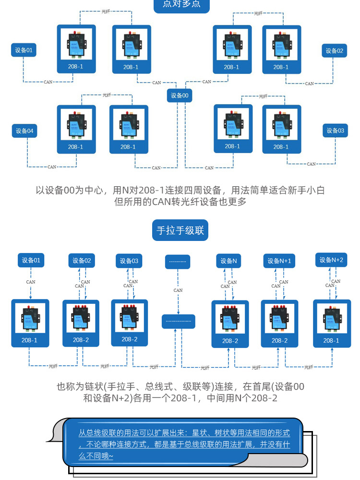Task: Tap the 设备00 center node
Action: coord(180,96)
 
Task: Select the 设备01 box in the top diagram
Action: coord(24,50)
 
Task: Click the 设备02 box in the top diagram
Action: coord(334,51)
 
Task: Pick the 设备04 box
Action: coord(24,131)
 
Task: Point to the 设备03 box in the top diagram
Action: coord(335,131)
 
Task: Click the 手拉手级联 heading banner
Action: coord(180,230)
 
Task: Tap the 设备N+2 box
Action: coord(332,260)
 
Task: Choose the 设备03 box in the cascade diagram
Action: coord(129,261)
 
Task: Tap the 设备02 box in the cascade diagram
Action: coord(82,261)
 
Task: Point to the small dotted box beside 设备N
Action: coord(178,262)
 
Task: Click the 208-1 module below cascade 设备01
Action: coord(30,323)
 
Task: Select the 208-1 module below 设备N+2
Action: coord(332,323)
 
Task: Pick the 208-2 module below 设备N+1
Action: coord(279,324)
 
